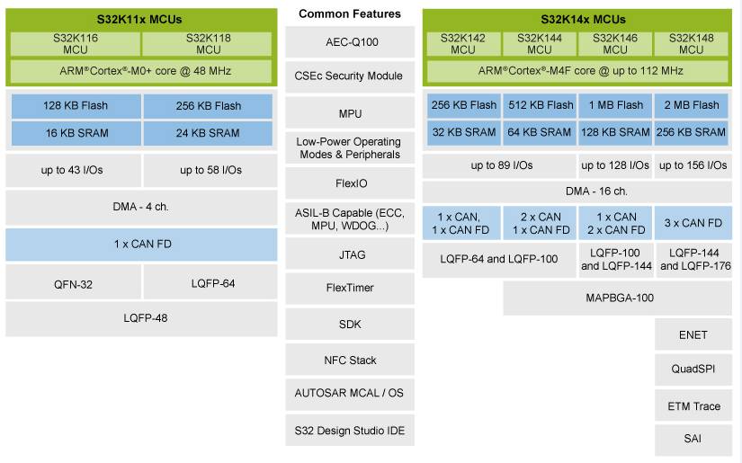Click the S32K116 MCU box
pos(75,44)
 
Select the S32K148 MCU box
pos(692,44)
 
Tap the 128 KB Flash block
pos(75,105)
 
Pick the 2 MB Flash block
pos(692,105)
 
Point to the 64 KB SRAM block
pos(539,132)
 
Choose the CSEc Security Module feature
pos(349,76)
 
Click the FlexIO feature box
pos(349,183)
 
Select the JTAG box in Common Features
pos(349,254)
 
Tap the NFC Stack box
pos(349,361)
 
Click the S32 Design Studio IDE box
pos(349,431)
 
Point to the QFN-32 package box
pos(75,283)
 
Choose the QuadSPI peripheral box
pos(693,370)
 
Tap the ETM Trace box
pos(693,406)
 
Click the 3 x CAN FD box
pos(692,223)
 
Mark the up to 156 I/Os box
pos(692,165)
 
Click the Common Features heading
pos(350,13)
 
